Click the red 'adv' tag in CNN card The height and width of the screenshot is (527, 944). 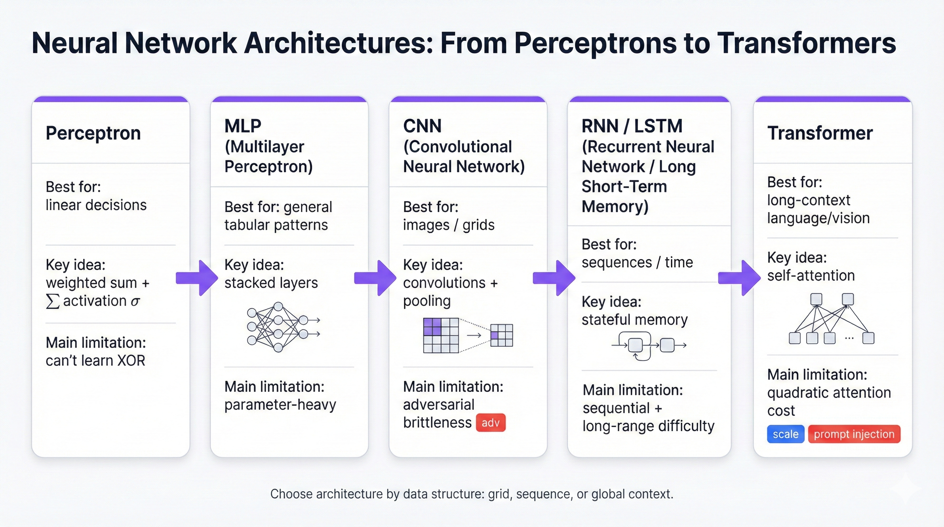490,423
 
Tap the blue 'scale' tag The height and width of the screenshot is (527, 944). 785,434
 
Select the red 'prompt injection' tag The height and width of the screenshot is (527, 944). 854,434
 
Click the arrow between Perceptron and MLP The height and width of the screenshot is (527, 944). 197,278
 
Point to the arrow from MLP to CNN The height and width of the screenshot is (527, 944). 375,278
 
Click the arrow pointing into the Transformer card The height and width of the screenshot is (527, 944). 739,278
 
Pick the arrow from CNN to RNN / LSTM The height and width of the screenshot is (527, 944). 554,278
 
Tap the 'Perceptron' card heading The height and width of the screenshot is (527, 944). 93,133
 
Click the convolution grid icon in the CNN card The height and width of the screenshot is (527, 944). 468,335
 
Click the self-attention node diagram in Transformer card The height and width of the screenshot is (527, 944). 831,319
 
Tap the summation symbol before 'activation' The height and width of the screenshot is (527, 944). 52,302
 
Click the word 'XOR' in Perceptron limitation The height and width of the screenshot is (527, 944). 131,361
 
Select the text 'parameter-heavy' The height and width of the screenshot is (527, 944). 280,405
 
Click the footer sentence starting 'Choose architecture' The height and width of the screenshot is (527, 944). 472,494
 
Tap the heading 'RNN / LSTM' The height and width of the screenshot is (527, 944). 632,126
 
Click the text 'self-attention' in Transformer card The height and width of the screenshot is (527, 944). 811,276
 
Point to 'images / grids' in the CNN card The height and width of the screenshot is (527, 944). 449,225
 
